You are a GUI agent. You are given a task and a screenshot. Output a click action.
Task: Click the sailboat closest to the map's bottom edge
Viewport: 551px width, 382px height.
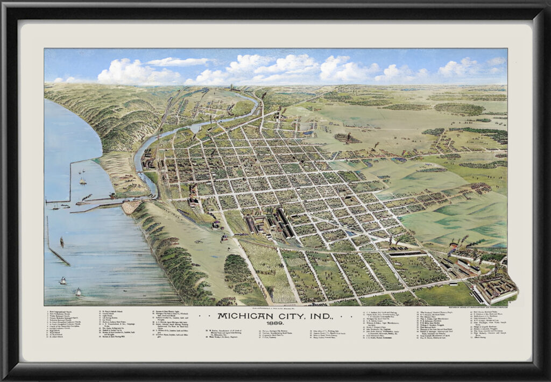point(78,292)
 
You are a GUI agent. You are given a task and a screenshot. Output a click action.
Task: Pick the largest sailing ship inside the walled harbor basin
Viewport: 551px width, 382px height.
point(82,181)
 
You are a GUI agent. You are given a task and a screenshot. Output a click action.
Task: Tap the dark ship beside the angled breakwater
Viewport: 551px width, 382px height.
point(62,242)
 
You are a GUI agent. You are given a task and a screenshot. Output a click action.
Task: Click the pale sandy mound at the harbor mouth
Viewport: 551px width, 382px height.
point(131,207)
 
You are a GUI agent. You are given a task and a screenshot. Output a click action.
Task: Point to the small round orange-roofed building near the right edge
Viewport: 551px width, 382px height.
point(454,245)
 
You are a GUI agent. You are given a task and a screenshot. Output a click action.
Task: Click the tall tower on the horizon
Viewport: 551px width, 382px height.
point(231,87)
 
